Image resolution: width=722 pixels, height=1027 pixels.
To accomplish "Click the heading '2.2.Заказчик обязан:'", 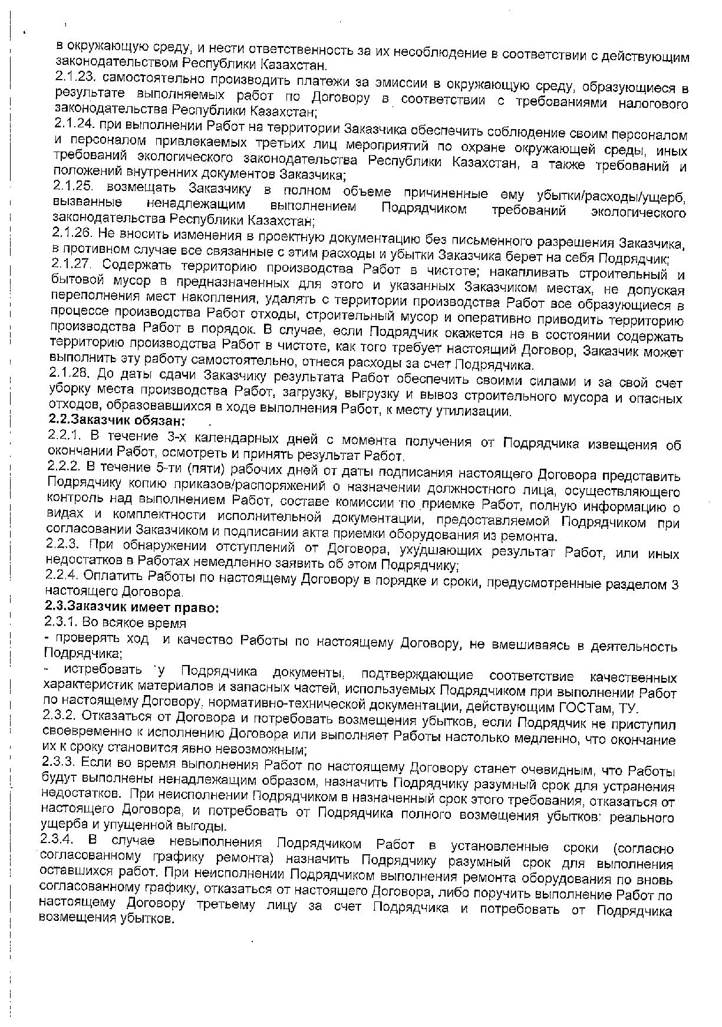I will [x=116, y=421].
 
